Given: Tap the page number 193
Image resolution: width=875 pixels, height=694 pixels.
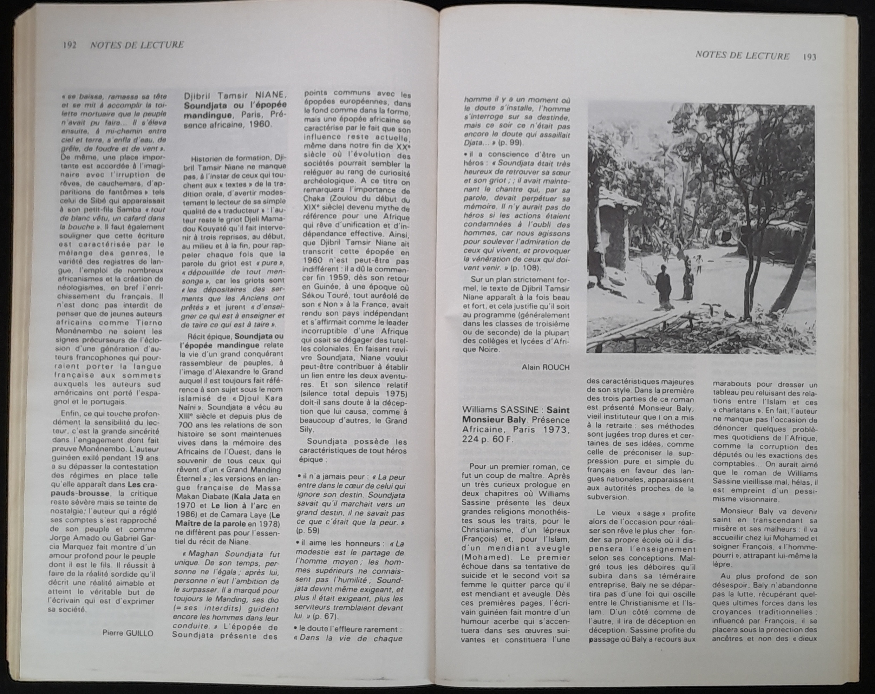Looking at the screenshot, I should coord(809,57).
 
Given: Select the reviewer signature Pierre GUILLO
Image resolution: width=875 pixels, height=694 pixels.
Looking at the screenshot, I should coord(128,633).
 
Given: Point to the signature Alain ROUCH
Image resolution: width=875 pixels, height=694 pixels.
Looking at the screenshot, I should coord(546,367).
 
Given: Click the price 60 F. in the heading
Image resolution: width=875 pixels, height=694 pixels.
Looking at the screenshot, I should coord(502,439).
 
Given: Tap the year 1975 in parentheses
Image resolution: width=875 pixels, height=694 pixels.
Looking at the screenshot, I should coord(391,394).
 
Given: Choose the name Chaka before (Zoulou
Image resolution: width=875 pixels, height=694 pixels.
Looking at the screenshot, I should coord(314,199).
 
